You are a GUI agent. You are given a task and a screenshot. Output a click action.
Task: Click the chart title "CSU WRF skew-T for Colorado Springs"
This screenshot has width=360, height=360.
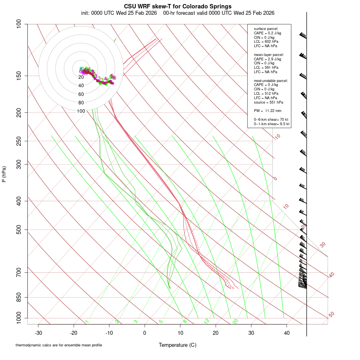pos(178,6)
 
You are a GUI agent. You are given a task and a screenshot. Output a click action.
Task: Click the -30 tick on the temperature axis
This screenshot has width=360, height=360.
pos(38,333)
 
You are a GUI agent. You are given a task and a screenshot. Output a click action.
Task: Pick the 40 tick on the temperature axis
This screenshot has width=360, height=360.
pos(287,333)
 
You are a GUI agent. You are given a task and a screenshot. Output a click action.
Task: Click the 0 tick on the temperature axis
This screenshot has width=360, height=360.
pos(145,333)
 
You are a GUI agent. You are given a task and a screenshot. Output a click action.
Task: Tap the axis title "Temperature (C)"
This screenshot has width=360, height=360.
pos(178,345)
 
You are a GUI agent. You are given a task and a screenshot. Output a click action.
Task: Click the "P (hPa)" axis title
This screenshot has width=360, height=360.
pos(4,174)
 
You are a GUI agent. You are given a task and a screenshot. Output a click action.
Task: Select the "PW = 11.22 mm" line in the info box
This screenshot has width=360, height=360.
pos(268,110)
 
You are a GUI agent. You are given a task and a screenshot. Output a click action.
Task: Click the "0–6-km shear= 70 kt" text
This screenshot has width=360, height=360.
pos(272,120)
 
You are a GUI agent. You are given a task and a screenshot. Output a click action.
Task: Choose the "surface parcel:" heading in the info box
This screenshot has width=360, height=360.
pos(266,29)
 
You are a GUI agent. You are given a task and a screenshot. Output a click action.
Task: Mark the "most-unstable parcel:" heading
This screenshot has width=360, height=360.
pos(271,81)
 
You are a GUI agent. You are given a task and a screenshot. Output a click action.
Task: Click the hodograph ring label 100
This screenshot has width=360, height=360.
pos(81,111)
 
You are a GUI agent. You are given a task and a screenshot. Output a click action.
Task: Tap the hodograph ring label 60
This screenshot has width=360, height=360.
pos(81,94)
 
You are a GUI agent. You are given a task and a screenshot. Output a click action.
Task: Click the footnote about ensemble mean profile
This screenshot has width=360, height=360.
pos(58,345)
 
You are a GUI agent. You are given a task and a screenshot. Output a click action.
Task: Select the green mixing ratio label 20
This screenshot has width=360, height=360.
pos(235,321)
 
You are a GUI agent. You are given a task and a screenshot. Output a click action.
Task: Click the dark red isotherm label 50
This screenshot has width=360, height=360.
pos(331,315)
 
